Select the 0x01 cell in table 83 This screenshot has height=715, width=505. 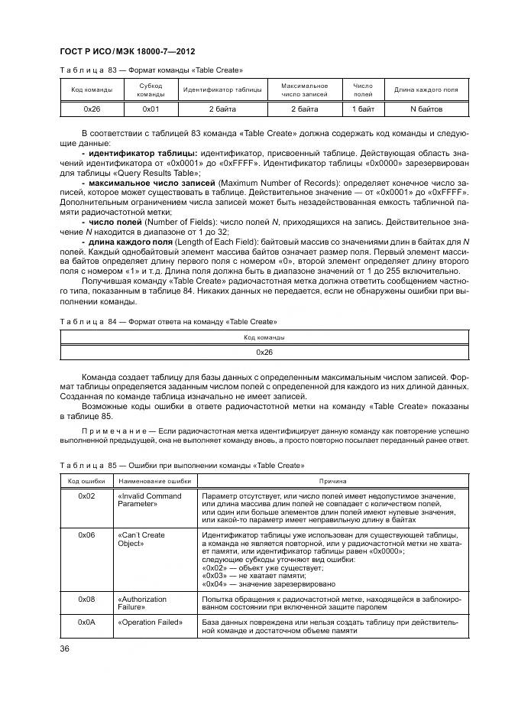click(x=151, y=109)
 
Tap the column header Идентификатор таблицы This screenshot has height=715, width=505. click(x=222, y=90)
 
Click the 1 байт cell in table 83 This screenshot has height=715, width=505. click(x=362, y=109)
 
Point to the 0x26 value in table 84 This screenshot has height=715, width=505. click(x=264, y=353)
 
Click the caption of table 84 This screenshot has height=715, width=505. click(x=168, y=322)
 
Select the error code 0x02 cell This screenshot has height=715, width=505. click(x=86, y=496)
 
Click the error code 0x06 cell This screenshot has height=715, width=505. click(x=86, y=535)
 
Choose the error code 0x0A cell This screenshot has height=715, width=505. click(x=86, y=622)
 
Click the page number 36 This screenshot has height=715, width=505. click(x=65, y=648)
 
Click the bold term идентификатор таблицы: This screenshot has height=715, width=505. click(x=144, y=153)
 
